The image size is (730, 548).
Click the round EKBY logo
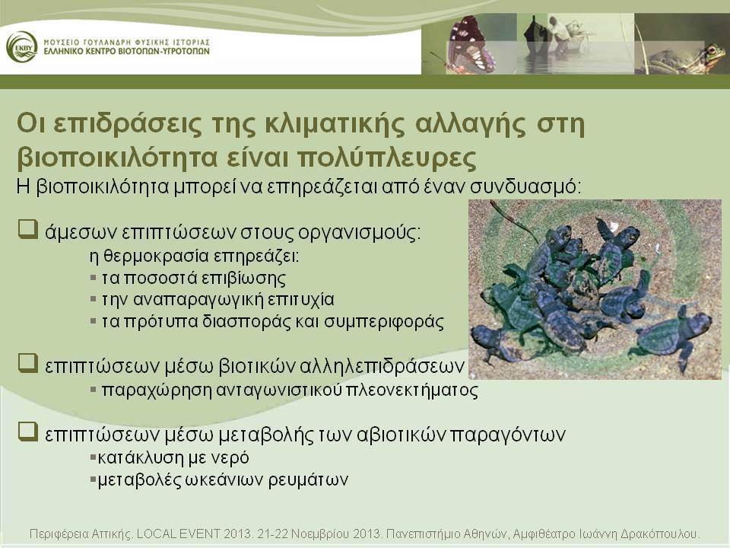click(22, 47)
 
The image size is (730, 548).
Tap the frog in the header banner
click(684, 59)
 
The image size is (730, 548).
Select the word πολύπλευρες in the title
click(386, 158)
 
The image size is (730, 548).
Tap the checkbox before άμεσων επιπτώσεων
click(28, 230)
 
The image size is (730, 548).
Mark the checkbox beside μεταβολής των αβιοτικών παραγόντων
click(28, 432)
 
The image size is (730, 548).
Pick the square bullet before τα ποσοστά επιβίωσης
click(94, 279)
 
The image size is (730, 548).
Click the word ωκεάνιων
click(224, 479)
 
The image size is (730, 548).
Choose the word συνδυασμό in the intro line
click(525, 187)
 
